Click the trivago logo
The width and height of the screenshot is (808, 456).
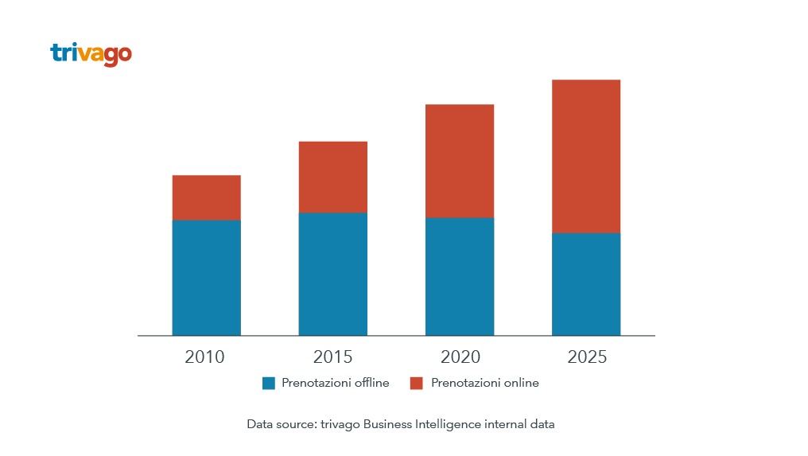coord(91,54)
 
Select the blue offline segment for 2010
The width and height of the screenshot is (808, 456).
coord(206,277)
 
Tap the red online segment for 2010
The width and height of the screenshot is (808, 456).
coord(206,197)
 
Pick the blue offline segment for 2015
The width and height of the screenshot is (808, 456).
coord(332,274)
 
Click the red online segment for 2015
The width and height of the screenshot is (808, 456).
coord(332,177)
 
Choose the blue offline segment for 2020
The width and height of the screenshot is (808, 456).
coord(459,276)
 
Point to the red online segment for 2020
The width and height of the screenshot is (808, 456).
coord(459,161)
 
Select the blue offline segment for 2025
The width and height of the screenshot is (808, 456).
coord(586,284)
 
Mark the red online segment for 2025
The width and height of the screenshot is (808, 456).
coord(586,156)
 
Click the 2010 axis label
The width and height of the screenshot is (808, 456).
coord(204,357)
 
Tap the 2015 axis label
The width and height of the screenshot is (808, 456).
coord(332,357)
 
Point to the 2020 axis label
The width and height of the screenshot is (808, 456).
coord(460,357)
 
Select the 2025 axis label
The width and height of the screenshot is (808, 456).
coord(587,357)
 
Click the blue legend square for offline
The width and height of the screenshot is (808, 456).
coord(268,384)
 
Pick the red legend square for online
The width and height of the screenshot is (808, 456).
coord(416,384)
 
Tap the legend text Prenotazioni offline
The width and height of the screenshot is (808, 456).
coord(336,383)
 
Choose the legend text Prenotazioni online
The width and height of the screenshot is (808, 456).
coord(485,383)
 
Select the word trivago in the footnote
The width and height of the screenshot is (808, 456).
coord(340,425)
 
